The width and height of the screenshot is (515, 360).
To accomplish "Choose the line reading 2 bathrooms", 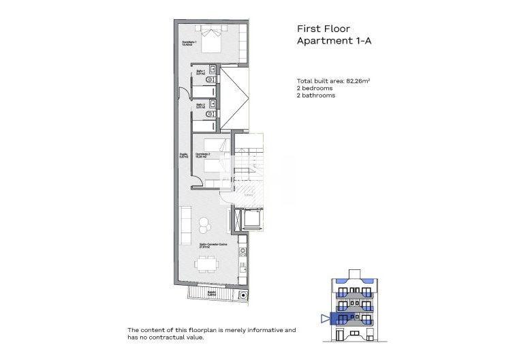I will click(316, 96).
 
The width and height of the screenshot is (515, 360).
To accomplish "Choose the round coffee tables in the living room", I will click(204, 224).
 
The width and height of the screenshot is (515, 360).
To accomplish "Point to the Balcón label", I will click(211, 293).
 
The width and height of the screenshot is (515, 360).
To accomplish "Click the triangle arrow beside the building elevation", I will click(324, 318).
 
